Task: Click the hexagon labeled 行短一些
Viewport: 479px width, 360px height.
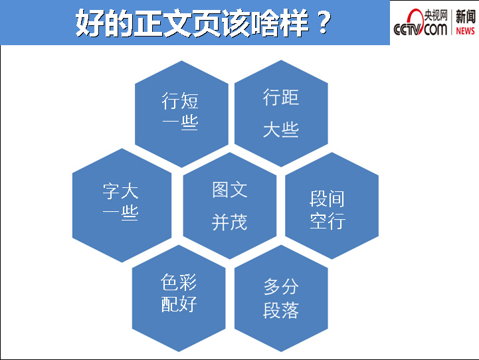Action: (181, 114)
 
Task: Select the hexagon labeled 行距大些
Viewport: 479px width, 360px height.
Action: (281, 114)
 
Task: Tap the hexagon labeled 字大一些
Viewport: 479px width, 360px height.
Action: (122, 205)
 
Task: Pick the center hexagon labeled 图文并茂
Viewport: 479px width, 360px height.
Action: (230, 206)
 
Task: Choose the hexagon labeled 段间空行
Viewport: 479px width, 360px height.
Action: (332, 206)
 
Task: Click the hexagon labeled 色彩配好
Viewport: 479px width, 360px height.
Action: (179, 298)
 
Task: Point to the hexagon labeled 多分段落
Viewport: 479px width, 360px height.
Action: (281, 298)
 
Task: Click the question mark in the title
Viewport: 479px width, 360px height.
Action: (324, 22)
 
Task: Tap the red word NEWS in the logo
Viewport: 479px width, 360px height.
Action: (465, 31)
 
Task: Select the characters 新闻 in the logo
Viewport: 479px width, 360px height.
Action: (466, 17)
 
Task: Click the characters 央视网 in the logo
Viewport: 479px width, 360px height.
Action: (436, 15)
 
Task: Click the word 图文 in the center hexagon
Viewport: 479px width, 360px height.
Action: (230, 189)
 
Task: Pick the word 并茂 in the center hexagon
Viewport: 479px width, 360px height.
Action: (230, 222)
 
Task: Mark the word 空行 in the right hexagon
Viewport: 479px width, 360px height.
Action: (328, 221)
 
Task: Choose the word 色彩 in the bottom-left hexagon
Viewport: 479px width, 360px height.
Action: (179, 282)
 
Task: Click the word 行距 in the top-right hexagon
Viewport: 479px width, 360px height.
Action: (281, 97)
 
